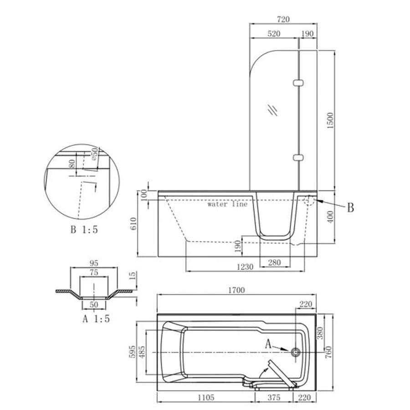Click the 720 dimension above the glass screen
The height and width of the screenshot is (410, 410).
pyautogui.click(x=283, y=19)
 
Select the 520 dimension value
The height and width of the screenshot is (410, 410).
pyautogui.click(x=274, y=34)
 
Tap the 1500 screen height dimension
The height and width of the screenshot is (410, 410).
pyautogui.click(x=331, y=121)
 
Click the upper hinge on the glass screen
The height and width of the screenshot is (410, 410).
pyautogui.click(x=298, y=83)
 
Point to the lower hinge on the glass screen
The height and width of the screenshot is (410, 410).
pyautogui.click(x=298, y=158)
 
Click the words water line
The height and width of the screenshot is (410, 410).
pyautogui.click(x=227, y=204)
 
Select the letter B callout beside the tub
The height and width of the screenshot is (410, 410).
pyautogui.click(x=350, y=208)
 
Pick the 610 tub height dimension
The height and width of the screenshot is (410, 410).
pyautogui.click(x=133, y=224)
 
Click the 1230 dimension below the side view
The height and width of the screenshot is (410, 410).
pyautogui.click(x=245, y=267)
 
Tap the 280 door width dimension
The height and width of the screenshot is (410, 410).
pyautogui.click(x=274, y=262)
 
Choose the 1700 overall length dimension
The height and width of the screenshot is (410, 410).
pyautogui.click(x=236, y=290)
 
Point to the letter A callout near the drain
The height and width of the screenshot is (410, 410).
pyautogui.click(x=268, y=344)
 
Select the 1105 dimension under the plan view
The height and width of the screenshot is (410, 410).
pyautogui.click(x=206, y=398)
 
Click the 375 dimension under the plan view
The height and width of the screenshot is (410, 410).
pyautogui.click(x=274, y=398)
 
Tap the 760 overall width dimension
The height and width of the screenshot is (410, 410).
pyautogui.click(x=328, y=352)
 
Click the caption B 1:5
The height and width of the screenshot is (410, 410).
pyautogui.click(x=84, y=230)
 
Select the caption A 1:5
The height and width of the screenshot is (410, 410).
pyautogui.click(x=96, y=319)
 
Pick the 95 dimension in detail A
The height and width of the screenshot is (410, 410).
pyautogui.click(x=94, y=263)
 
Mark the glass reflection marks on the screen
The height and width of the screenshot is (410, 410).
pyautogui.click(x=272, y=110)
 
